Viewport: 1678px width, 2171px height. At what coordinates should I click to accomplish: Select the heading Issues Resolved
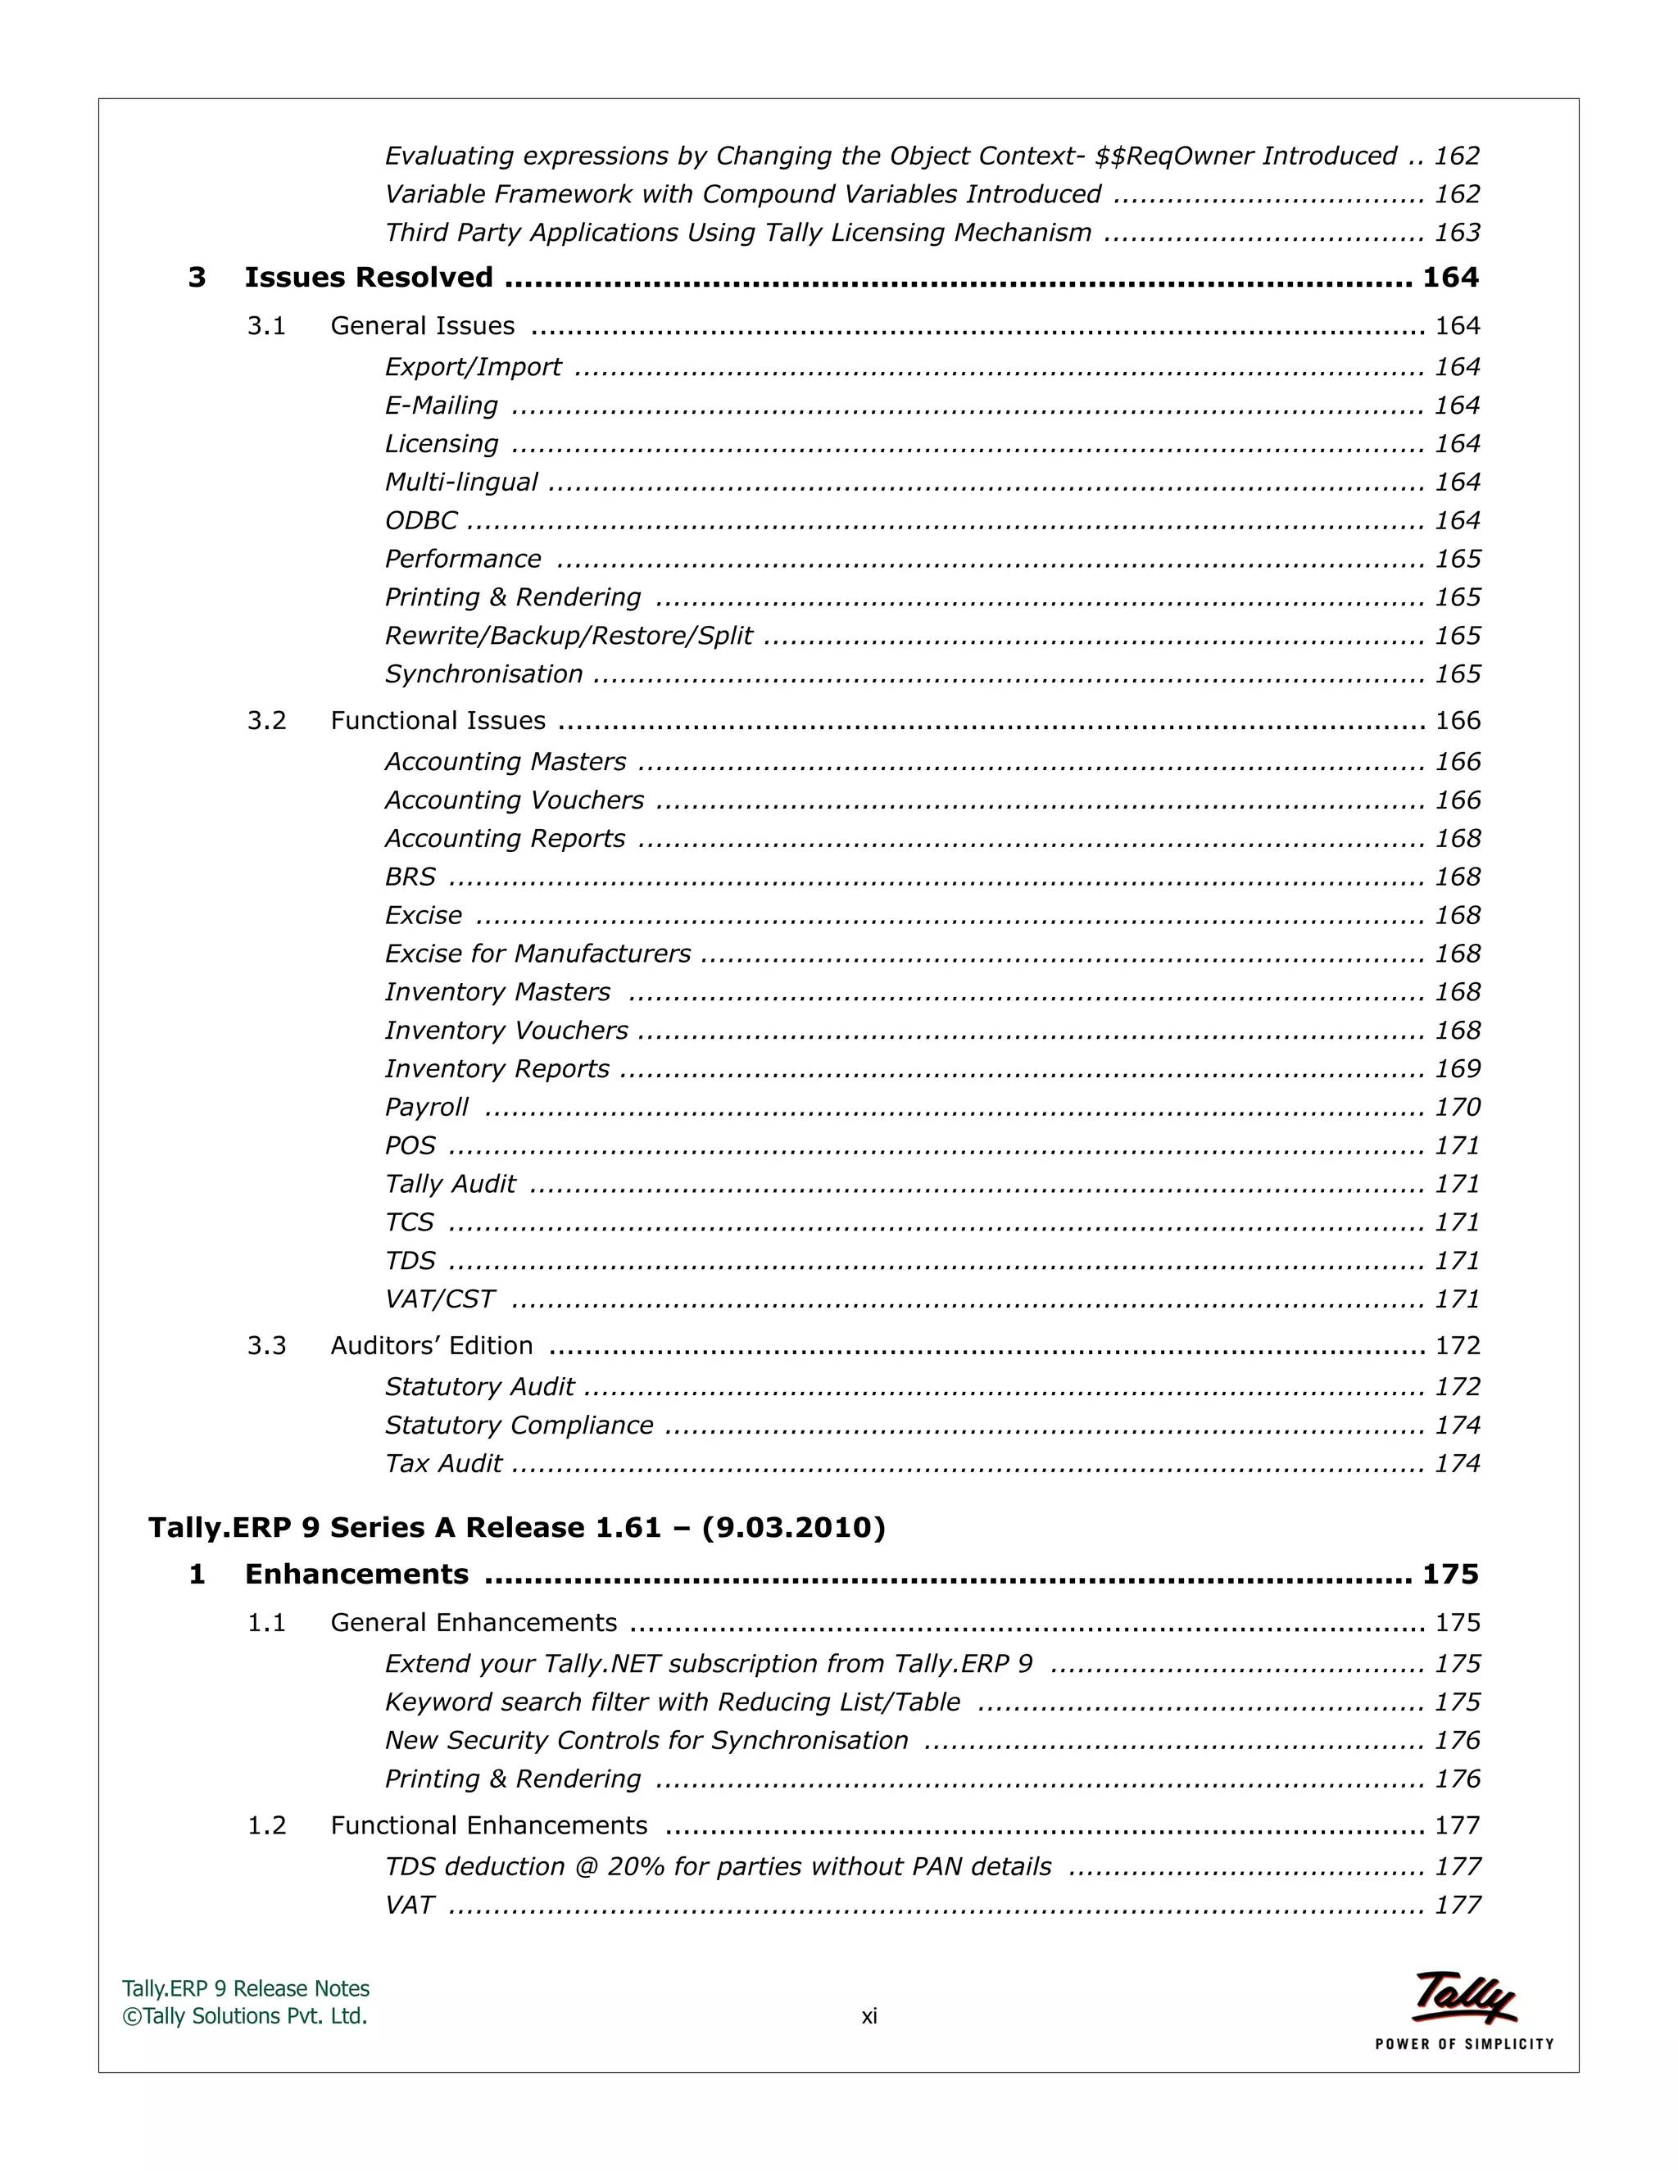(x=369, y=278)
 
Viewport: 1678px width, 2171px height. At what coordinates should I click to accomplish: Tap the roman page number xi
(x=868, y=2016)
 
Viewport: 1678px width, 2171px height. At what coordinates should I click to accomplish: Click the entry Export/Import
(x=474, y=368)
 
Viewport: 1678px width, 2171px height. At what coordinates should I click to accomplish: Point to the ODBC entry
(x=421, y=521)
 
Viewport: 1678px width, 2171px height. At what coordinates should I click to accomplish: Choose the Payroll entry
(x=426, y=1108)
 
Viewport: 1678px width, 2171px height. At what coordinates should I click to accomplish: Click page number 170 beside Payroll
(x=1458, y=1108)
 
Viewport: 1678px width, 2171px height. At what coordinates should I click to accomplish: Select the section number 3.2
(x=266, y=721)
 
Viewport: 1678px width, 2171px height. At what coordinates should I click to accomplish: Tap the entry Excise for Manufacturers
(x=537, y=954)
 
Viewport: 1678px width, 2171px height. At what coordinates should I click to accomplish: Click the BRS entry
(x=410, y=877)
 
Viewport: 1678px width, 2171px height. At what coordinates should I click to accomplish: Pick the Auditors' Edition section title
(x=432, y=1346)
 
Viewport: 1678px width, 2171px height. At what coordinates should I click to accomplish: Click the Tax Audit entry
(x=443, y=1464)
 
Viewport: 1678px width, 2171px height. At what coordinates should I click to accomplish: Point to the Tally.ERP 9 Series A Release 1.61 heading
(x=517, y=1528)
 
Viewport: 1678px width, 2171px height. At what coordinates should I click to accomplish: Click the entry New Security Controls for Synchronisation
(x=646, y=1741)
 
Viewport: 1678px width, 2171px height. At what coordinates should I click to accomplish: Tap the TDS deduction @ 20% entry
(x=718, y=1867)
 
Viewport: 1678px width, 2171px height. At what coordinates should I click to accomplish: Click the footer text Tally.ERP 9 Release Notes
(x=246, y=1989)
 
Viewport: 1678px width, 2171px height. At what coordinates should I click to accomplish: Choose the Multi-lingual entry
(x=461, y=482)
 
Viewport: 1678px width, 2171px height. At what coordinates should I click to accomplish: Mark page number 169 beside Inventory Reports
(x=1458, y=1070)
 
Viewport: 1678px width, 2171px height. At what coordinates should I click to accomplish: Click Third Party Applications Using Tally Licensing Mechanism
(x=737, y=233)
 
